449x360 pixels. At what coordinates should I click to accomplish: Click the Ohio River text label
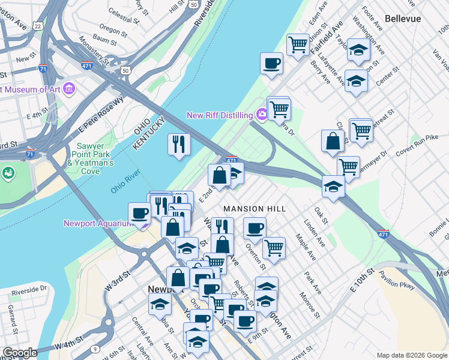point(125,182)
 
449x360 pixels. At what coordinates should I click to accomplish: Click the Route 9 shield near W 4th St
point(95,349)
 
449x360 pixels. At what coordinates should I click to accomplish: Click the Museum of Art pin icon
point(69,89)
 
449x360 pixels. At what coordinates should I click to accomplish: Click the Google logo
point(20,353)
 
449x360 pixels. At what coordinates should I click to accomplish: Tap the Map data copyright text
point(411,355)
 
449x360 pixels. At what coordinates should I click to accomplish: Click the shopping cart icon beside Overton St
point(274,247)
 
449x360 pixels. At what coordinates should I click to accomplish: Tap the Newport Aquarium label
point(98,224)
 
